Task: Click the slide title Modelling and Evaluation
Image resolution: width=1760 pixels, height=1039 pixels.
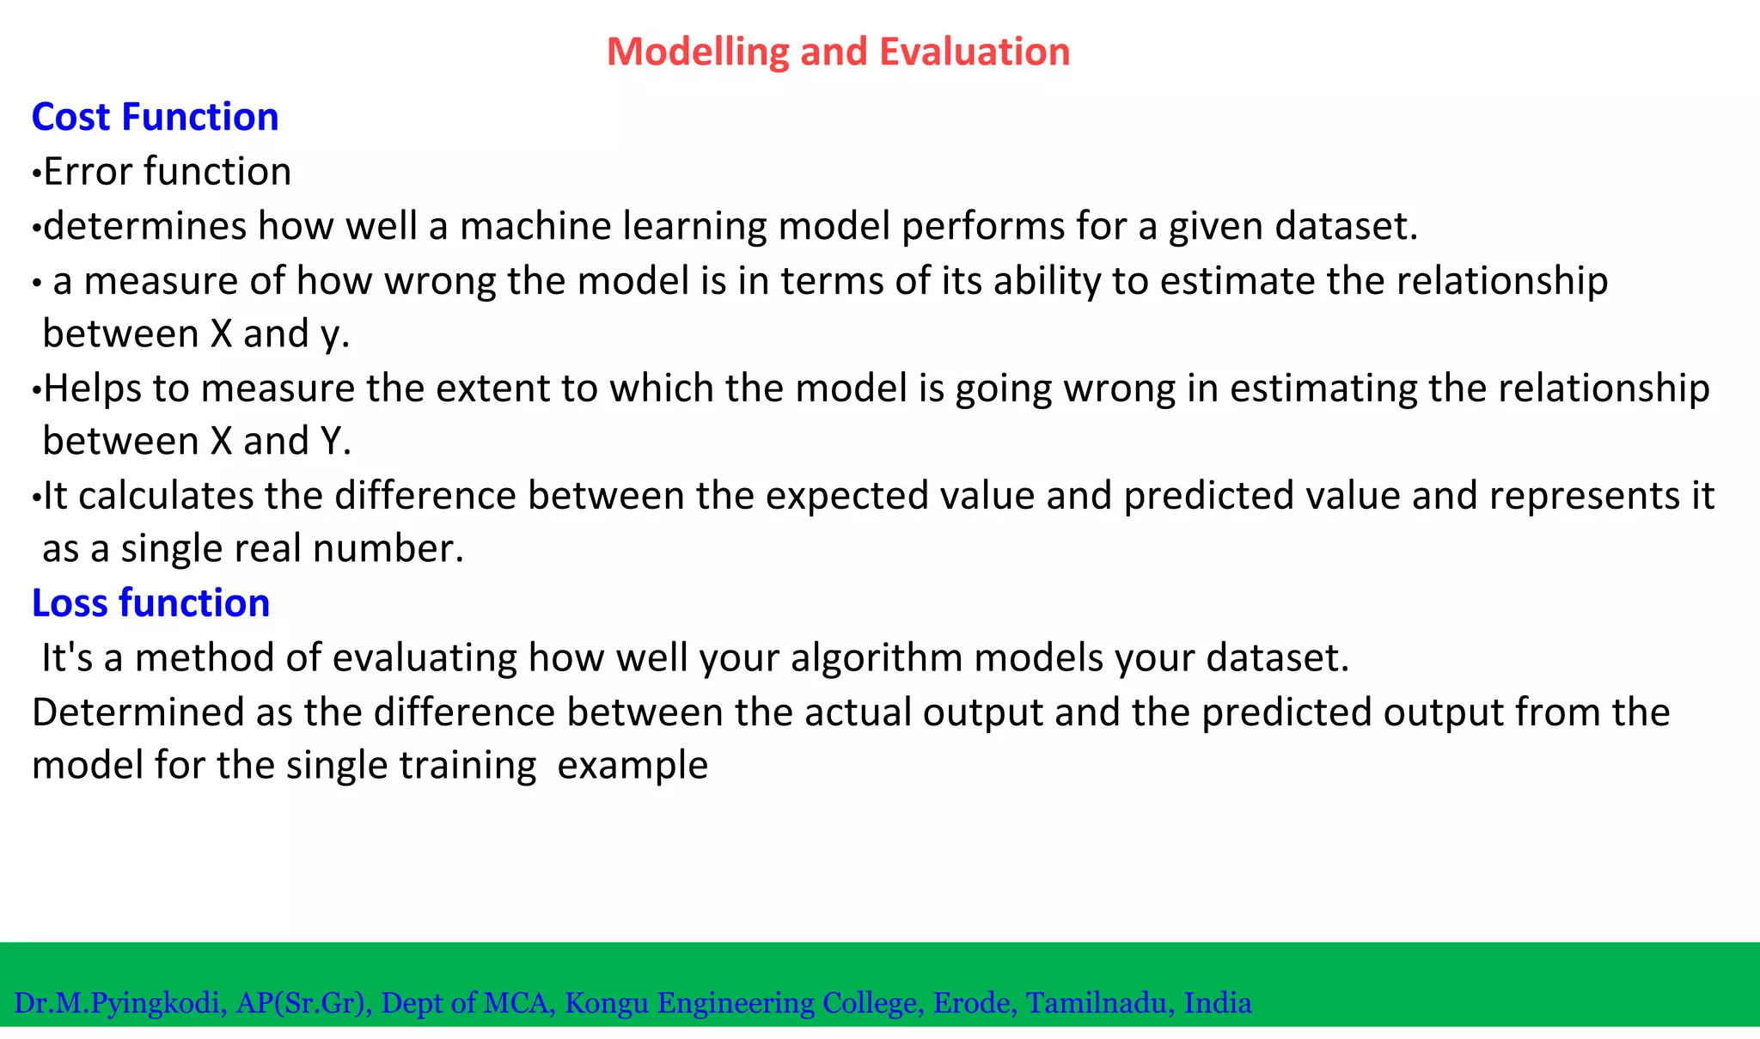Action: click(x=838, y=52)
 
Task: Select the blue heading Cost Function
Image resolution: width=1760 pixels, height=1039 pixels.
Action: click(x=155, y=117)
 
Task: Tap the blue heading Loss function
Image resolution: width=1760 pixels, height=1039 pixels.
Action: click(x=150, y=603)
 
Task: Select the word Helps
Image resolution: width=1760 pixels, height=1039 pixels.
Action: click(x=92, y=389)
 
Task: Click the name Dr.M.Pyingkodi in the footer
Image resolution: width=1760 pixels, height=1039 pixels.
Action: click(x=119, y=1003)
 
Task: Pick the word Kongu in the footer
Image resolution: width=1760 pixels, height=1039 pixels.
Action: click(x=606, y=1003)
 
